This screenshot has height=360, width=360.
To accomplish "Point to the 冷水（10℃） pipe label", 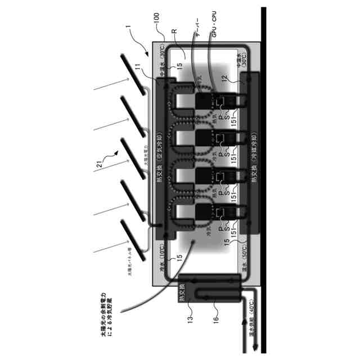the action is [161, 262].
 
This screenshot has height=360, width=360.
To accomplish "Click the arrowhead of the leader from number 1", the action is [147, 56].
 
